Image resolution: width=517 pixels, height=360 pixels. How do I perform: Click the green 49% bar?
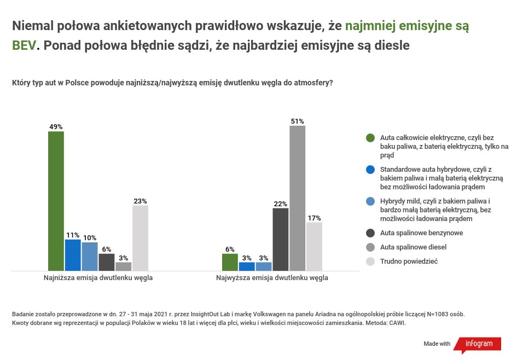click(56, 201)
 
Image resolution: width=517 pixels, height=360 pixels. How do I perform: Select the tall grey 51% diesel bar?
click(297, 198)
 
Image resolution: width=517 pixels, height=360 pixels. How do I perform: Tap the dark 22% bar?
click(280, 239)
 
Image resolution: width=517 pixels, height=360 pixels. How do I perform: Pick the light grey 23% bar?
click(140, 238)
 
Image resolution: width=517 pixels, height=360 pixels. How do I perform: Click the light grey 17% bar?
click(314, 246)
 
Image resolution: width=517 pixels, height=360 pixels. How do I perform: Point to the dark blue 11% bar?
click(73, 255)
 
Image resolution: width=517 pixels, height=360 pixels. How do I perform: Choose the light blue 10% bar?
click(90, 256)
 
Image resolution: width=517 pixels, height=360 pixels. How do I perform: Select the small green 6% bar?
click(230, 262)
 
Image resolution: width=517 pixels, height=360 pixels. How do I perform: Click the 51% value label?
click(297, 121)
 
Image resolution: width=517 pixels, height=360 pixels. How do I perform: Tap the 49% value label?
click(56, 127)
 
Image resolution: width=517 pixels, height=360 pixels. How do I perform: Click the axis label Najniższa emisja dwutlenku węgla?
click(98, 278)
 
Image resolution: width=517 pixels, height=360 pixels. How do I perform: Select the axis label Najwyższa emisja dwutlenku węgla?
click(272, 278)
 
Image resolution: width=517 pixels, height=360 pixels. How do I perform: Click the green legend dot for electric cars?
click(370, 138)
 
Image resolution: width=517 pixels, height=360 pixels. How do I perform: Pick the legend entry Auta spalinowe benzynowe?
click(421, 233)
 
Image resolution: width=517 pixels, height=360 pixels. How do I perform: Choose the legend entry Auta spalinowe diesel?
click(413, 247)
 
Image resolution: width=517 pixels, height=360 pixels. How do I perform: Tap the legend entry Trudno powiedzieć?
click(409, 262)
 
